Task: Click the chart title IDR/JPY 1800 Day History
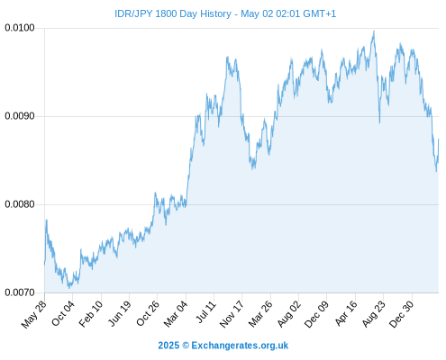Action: coord(173,13)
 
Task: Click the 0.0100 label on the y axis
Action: coord(20,28)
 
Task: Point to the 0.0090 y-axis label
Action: coord(20,116)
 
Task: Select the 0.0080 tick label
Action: coord(20,204)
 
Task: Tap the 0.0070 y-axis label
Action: coord(20,292)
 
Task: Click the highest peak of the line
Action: coord(374,31)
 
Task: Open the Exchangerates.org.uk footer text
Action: coord(240,346)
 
